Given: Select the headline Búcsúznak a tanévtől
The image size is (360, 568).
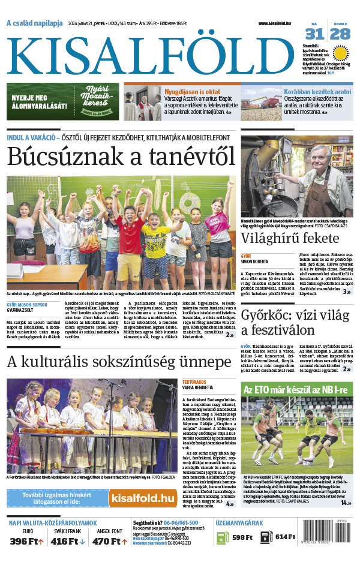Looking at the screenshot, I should click(121, 157).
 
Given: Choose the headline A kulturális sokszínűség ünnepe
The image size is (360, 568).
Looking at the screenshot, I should click(119, 362).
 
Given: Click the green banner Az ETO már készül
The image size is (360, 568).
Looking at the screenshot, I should click(295, 389).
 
